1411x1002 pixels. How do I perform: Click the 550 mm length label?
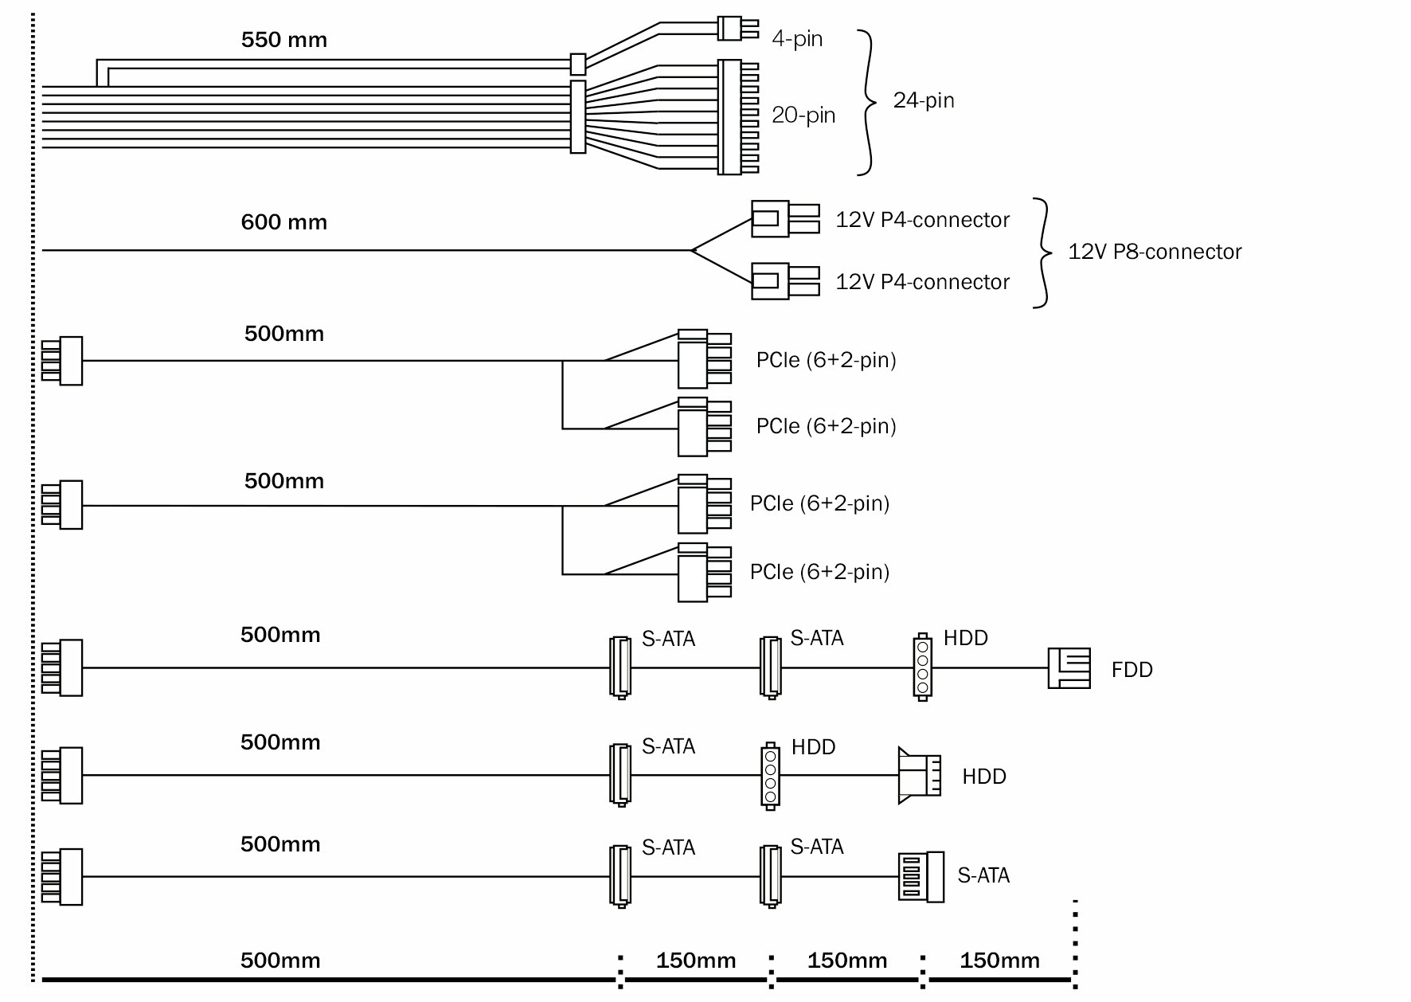click(x=283, y=40)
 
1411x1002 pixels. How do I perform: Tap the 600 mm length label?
click(x=283, y=222)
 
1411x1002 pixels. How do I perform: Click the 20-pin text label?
click(x=803, y=115)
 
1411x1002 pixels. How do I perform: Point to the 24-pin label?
click(x=923, y=100)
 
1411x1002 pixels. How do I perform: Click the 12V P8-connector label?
click(x=1154, y=252)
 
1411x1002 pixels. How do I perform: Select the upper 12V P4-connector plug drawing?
click(x=784, y=218)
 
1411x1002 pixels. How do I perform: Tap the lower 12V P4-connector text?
click(x=921, y=282)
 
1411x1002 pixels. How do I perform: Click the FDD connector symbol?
click(x=1069, y=667)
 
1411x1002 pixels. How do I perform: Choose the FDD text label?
click(x=1132, y=670)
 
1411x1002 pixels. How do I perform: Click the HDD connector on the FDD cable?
click(x=922, y=667)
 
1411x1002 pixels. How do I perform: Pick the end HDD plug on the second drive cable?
click(x=919, y=775)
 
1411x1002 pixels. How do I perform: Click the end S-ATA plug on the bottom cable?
click(x=920, y=877)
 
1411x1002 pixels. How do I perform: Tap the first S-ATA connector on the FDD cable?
click(x=620, y=667)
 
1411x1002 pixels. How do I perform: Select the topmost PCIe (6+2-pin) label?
click(x=826, y=360)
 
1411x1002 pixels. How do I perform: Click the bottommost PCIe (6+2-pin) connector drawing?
click(x=704, y=572)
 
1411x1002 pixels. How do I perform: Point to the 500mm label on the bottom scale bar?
click(x=280, y=961)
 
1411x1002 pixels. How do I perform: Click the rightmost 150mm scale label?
click(x=999, y=961)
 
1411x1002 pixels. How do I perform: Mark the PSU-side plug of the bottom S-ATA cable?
click(x=62, y=877)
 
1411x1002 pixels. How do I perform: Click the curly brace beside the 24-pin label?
click(x=866, y=102)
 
